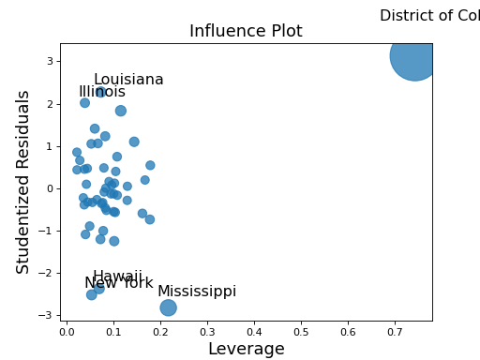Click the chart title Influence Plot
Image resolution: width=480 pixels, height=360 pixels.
pos(246,31)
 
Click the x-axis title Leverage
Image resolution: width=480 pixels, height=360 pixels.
pos(246,349)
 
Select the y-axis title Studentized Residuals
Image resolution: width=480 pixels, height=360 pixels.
pos(24,182)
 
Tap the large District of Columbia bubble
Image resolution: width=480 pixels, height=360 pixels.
pos(413,56)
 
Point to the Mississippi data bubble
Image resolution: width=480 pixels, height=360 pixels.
pos(169,307)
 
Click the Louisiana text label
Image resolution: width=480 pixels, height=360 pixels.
pos(128,80)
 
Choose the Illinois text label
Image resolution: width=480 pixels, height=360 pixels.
pos(102,92)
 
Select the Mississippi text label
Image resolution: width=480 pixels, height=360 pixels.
pos(197,292)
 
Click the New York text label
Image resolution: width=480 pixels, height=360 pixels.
pos(118,283)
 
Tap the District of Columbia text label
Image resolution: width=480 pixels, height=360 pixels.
pos(430,16)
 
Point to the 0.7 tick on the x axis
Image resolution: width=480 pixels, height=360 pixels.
pos(395,331)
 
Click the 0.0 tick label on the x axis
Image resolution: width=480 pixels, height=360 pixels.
pos(67,331)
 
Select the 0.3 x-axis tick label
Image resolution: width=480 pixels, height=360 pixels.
pos(207,331)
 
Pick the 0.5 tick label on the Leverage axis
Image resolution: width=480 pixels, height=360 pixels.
pos(301,331)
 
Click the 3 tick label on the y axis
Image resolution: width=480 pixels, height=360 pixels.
pos(48,62)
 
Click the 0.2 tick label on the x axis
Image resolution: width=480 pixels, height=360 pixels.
pos(160,331)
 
